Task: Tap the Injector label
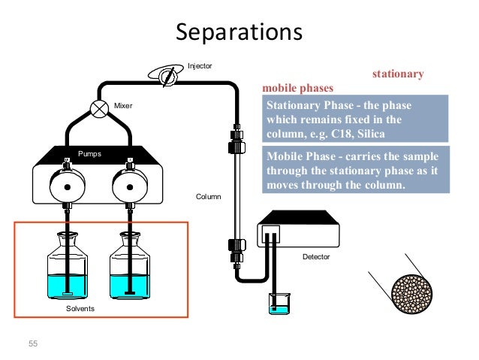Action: tap(200, 66)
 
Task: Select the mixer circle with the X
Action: tap(99, 108)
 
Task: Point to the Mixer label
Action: tap(123, 106)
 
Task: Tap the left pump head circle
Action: tap(68, 186)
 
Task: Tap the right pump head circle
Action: tap(130, 186)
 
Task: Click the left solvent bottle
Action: tap(67, 266)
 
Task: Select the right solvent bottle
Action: tap(130, 266)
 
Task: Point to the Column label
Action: tap(208, 196)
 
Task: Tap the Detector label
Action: tap(316, 257)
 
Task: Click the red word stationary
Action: tap(398, 74)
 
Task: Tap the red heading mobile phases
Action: tap(297, 88)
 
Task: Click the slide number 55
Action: tap(32, 343)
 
